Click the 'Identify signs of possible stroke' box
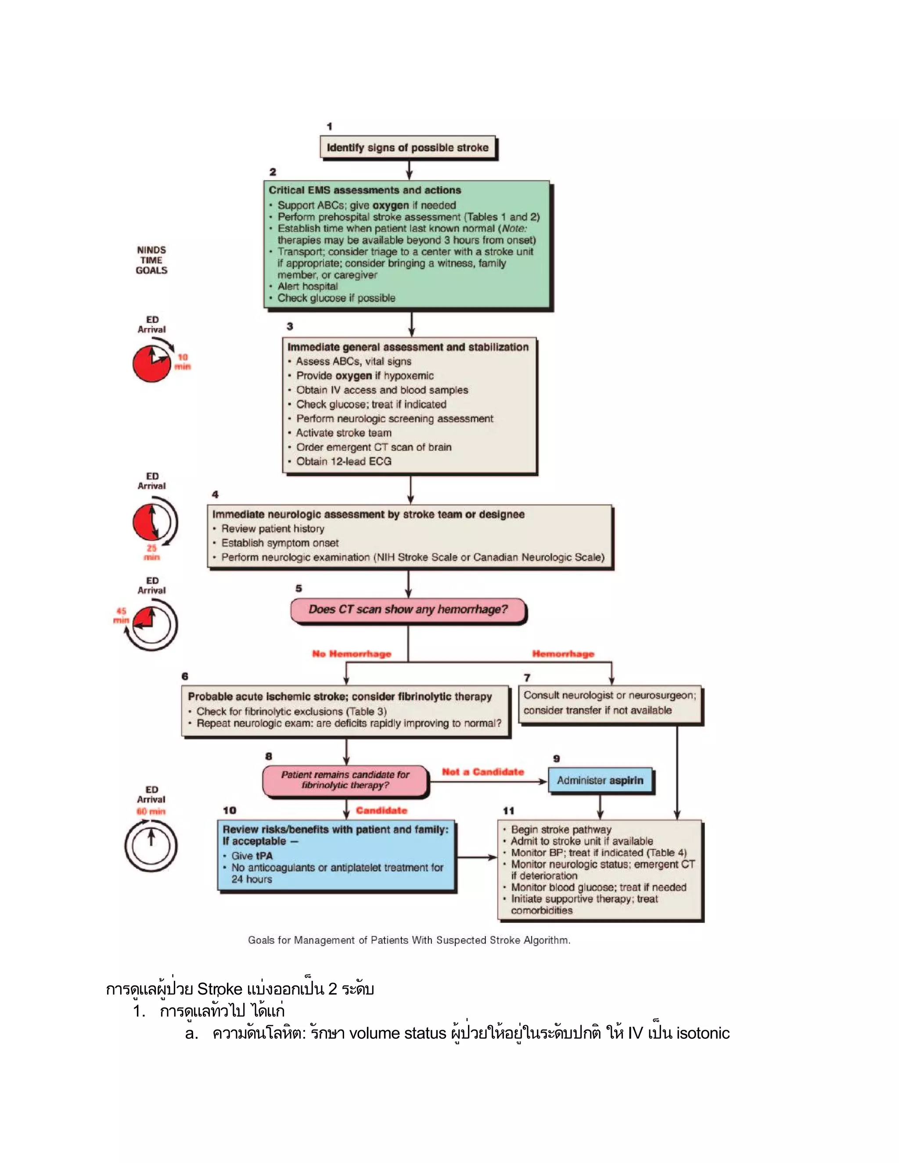point(407,147)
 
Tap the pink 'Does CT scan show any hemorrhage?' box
point(408,610)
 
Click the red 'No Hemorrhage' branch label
point(352,654)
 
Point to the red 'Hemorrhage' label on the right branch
point(563,654)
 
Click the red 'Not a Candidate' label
point(482,772)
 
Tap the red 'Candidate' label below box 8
point(381,811)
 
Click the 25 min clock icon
point(155,522)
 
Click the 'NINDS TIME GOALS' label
point(151,260)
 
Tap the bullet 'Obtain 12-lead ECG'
point(344,461)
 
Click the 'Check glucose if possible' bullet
point(336,298)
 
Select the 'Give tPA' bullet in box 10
point(252,856)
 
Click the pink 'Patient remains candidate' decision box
point(345,780)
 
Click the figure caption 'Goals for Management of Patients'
point(409,940)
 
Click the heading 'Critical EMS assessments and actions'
point(365,190)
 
